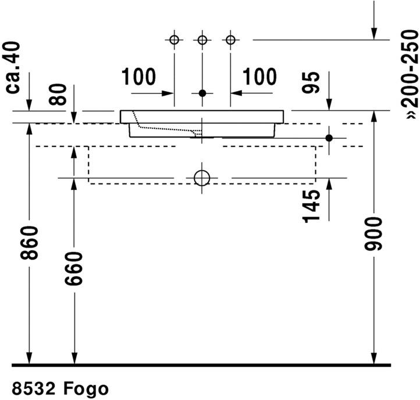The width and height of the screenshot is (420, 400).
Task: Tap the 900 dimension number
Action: click(x=375, y=234)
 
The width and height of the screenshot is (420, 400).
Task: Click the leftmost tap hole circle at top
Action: click(x=174, y=40)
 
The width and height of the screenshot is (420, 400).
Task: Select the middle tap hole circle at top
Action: click(x=202, y=40)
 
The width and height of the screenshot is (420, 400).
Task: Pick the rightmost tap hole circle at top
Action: click(x=231, y=40)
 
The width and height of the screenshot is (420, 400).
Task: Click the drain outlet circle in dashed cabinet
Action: click(x=202, y=178)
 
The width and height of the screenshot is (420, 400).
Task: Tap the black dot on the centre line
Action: click(x=202, y=93)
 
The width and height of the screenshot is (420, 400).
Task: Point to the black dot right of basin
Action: click(x=329, y=138)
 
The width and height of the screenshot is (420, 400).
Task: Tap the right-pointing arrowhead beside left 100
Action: click(x=169, y=93)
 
